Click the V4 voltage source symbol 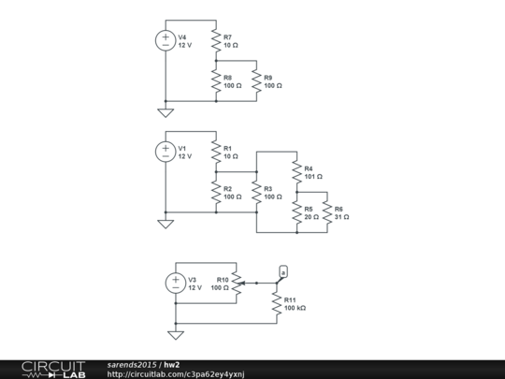pos(166,40)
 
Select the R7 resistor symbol pos(215,40)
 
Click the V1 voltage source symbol pos(166,152)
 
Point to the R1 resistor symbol pos(215,152)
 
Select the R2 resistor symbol pos(215,193)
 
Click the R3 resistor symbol pos(256,193)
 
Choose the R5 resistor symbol pos(296,212)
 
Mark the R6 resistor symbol pos(326,212)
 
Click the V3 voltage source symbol pos(175,283)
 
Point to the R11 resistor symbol pos(277,302)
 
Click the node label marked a pos(283,270)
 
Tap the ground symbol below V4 pos(166,111)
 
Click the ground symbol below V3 pos(175,334)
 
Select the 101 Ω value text pos(313,176)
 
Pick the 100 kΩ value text pos(296,307)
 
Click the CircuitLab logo pos(53,369)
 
